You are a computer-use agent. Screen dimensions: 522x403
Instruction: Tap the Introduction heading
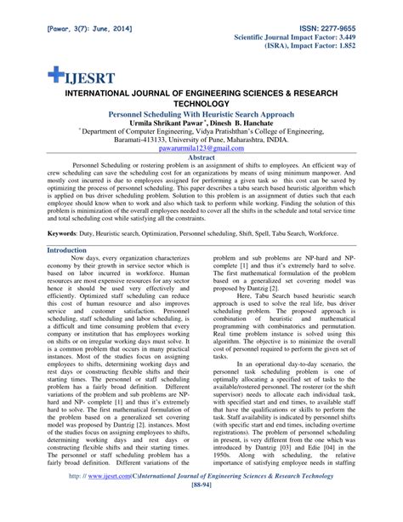coord(70,250)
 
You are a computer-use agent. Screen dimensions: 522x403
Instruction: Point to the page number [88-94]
coord(201,512)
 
